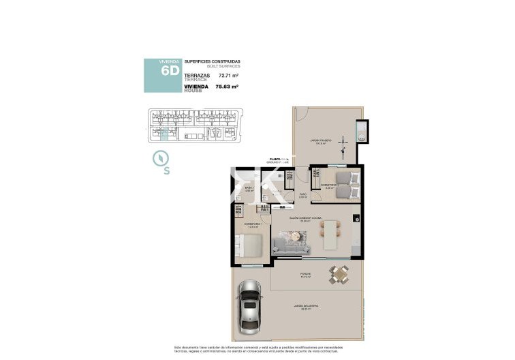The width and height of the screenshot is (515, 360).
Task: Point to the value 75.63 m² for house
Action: pyautogui.click(x=226, y=87)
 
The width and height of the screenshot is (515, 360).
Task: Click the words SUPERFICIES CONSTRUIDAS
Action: pyautogui.click(x=212, y=61)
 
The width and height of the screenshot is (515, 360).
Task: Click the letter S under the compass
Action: pyautogui.click(x=167, y=171)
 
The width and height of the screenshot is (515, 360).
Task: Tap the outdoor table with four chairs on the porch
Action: pyautogui.click(x=338, y=274)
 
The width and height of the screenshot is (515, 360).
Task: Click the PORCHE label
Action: pyautogui.click(x=306, y=274)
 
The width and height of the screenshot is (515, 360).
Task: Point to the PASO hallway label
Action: pyautogui.click(x=303, y=194)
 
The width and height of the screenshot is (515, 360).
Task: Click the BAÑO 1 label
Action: pyautogui.click(x=249, y=189)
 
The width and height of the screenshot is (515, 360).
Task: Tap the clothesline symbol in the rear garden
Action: pyautogui.click(x=345, y=145)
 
